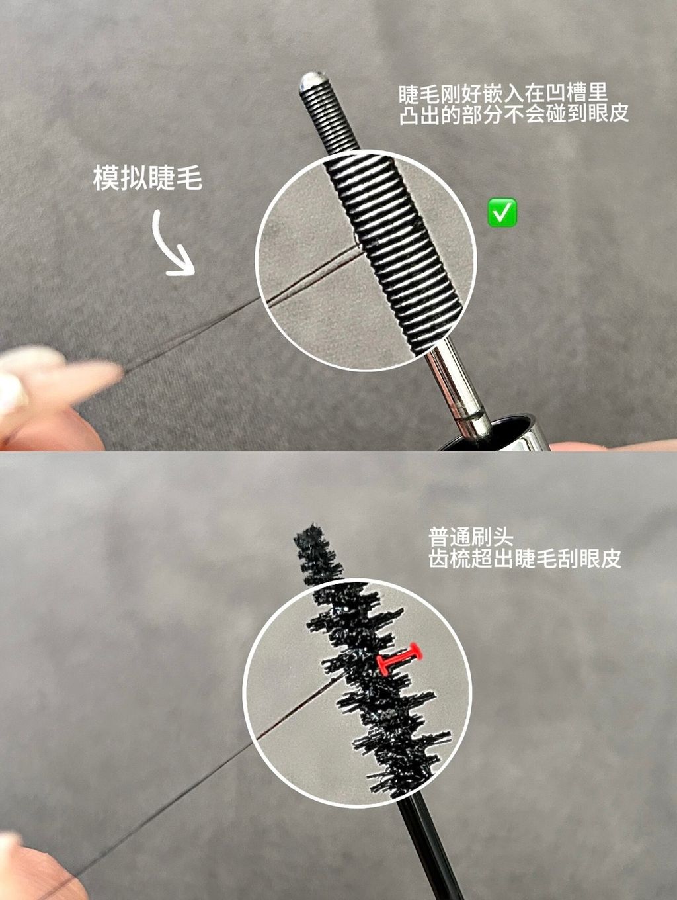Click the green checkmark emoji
[x=502, y=212]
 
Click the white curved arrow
[x=172, y=244]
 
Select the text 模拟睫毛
[x=148, y=178]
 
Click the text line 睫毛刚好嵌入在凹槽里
[x=503, y=93]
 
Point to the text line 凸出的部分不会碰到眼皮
[x=514, y=114]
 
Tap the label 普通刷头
[x=471, y=536]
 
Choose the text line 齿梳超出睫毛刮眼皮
[x=525, y=558]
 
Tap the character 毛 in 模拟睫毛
[x=189, y=178]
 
